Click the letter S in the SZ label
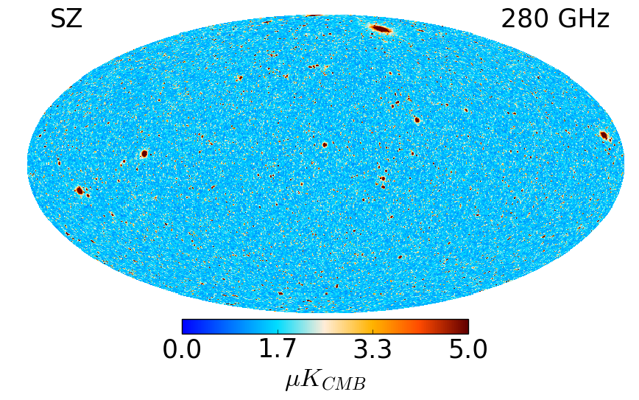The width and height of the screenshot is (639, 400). click(x=58, y=19)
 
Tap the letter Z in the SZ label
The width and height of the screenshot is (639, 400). click(x=75, y=19)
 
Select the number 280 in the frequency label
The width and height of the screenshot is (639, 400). click(x=525, y=19)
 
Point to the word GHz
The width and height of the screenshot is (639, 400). click(x=584, y=19)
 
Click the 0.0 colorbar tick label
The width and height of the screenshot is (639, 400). click(x=182, y=350)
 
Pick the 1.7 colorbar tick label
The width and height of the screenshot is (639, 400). click(x=278, y=350)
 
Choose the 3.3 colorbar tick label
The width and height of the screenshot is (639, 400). click(x=373, y=350)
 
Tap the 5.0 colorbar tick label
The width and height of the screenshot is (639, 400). click(x=468, y=350)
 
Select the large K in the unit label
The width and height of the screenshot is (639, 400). click(x=311, y=379)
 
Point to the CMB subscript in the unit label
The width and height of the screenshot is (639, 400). click(x=343, y=384)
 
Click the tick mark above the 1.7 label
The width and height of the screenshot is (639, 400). click(x=278, y=331)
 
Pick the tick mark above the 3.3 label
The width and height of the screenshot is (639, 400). click(x=373, y=331)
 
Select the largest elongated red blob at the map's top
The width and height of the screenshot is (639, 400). click(x=381, y=29)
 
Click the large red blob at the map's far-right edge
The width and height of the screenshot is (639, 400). click(x=604, y=136)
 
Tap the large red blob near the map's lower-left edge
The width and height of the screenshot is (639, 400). click(x=80, y=190)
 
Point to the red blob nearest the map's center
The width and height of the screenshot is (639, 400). click(x=325, y=144)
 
